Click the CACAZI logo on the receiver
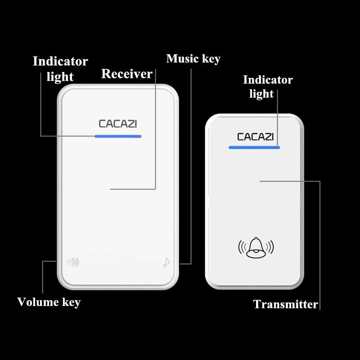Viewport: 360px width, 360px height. click(x=117, y=123)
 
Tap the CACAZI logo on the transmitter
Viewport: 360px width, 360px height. click(x=255, y=136)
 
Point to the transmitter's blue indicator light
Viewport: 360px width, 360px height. click(x=254, y=147)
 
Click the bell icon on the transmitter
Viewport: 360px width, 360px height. click(x=256, y=247)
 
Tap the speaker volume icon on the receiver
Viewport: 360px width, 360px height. click(x=72, y=261)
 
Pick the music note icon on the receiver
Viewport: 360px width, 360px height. click(x=166, y=262)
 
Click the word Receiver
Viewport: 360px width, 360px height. click(x=126, y=74)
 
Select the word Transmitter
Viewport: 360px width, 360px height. click(x=285, y=305)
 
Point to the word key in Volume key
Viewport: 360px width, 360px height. click(x=71, y=302)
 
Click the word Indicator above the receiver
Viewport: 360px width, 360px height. click(x=60, y=61)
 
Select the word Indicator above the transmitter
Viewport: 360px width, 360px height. click(x=268, y=80)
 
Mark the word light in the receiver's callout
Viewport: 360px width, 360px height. click(x=60, y=77)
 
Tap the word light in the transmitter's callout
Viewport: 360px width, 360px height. click(x=261, y=94)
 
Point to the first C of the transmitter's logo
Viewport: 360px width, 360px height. click(x=240, y=136)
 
